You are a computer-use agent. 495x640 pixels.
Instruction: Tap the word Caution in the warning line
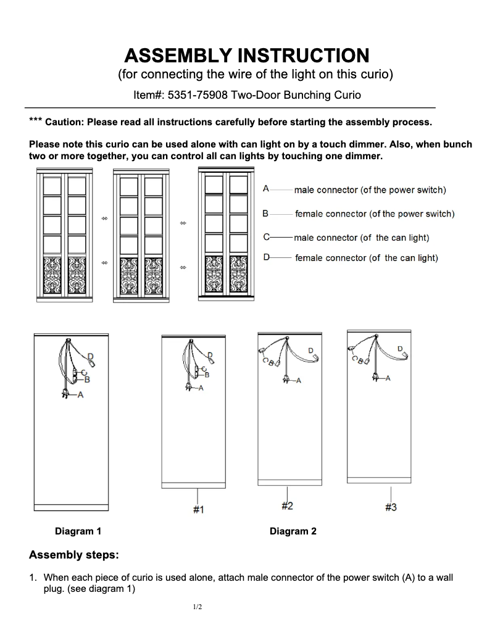[x=64, y=122]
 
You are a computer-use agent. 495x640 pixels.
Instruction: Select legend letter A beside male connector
[x=265, y=189]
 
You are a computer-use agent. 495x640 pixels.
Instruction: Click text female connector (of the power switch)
[x=374, y=214]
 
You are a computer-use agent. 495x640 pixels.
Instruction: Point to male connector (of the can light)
[x=361, y=238]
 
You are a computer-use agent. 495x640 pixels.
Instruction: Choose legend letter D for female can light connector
[x=266, y=257]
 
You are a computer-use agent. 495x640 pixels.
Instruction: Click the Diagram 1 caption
[x=78, y=531]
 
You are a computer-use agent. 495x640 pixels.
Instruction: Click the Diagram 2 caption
[x=293, y=531]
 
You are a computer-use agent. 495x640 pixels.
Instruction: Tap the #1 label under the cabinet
[x=198, y=509]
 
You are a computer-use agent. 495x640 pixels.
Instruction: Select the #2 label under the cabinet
[x=287, y=506]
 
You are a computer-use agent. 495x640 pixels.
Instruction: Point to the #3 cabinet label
[x=391, y=507]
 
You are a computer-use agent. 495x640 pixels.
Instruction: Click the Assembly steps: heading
[x=73, y=555]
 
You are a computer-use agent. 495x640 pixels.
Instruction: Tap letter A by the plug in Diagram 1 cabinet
[x=80, y=396]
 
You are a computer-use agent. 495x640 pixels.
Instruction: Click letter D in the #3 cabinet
[x=399, y=349]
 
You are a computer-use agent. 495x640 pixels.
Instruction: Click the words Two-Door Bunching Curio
[x=296, y=95]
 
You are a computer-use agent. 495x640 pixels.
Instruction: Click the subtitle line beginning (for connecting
[x=255, y=75]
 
